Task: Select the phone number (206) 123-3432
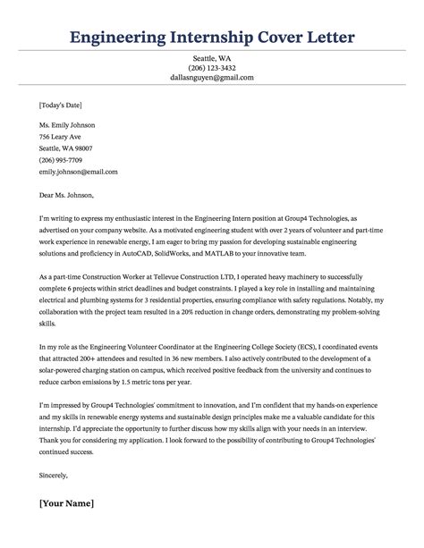pos(212,67)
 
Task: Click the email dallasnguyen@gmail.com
pos(212,78)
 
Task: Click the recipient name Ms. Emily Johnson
pos(68,124)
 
